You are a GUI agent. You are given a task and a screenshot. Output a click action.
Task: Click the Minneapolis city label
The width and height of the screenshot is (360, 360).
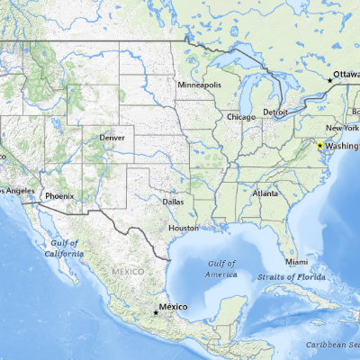[199, 85]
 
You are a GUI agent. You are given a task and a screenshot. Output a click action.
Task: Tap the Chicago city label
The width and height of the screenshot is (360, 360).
[240, 117]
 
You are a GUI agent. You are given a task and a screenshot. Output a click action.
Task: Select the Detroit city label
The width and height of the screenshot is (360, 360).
[275, 112]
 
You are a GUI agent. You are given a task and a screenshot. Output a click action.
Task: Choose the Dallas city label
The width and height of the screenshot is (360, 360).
[173, 202]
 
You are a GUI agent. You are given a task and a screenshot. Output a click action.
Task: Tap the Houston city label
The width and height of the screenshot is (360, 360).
[184, 228]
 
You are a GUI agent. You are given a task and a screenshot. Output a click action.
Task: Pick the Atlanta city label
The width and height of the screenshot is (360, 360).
[265, 193]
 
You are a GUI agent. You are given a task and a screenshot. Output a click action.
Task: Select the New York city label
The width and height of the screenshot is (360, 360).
[343, 130]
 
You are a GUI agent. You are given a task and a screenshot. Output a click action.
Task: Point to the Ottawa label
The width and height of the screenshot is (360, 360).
[346, 74]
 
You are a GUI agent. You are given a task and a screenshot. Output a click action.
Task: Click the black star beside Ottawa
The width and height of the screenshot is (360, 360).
[329, 81]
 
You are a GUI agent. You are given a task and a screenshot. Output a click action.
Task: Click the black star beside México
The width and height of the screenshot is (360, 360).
[154, 313]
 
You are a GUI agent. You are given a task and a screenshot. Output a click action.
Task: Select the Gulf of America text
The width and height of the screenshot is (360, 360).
[220, 267]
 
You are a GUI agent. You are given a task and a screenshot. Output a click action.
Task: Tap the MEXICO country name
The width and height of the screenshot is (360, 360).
[128, 271]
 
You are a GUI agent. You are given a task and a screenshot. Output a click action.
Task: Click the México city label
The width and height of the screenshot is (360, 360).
[173, 307]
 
